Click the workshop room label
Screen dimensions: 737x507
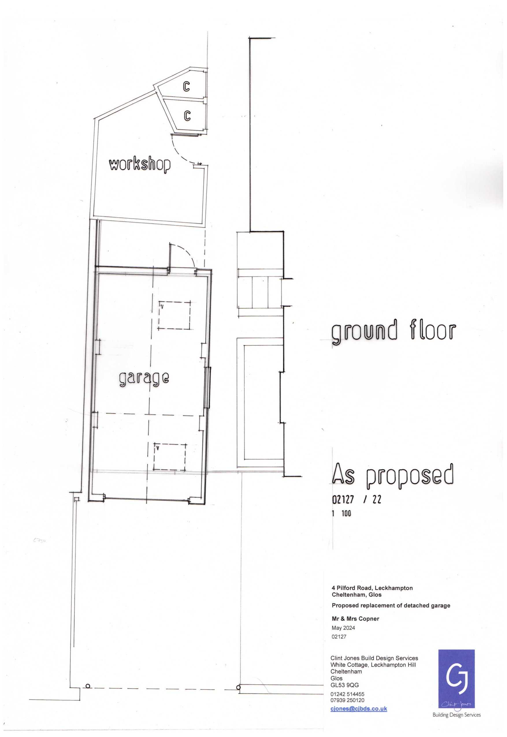140,165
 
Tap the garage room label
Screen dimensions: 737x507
144,378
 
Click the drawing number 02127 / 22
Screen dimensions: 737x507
356,500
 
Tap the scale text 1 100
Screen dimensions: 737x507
342,513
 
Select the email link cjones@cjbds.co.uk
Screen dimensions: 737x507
359,708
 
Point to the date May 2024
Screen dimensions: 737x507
343,628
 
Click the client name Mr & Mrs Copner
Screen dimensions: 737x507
355,619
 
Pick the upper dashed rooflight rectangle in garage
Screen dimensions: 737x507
174,315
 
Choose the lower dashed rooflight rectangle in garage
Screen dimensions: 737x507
170,457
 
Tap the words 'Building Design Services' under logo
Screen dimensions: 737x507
456,715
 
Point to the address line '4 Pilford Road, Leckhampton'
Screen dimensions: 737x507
372,588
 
